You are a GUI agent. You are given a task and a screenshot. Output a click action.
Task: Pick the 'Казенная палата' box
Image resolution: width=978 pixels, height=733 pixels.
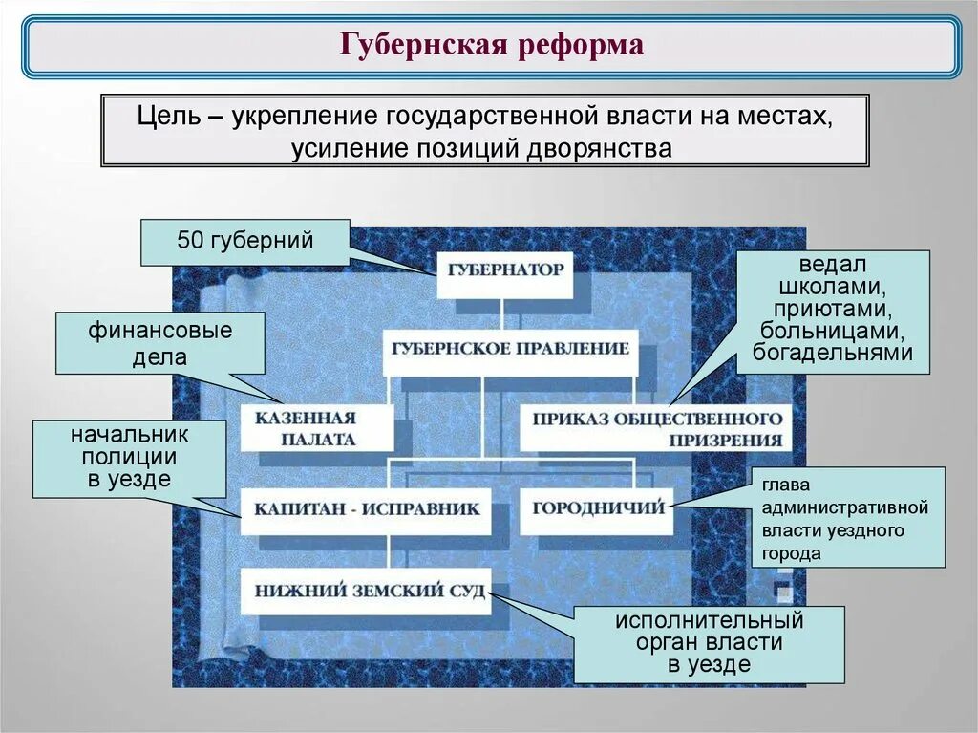click(x=317, y=428)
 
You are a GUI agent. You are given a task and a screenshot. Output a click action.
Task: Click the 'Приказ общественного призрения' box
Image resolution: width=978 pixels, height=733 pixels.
click(x=656, y=428)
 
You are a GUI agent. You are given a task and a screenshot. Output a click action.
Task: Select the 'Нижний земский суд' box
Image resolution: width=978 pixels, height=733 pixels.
click(x=364, y=590)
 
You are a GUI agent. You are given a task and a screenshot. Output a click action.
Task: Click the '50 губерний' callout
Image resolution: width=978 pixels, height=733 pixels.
click(x=245, y=242)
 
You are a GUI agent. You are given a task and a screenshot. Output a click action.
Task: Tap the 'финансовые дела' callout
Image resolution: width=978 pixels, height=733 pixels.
click(x=160, y=343)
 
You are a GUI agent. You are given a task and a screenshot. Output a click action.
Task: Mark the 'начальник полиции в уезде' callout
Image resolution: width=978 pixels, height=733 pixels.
click(x=129, y=458)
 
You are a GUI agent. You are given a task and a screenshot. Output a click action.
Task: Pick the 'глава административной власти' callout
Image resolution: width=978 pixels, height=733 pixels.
click(x=846, y=517)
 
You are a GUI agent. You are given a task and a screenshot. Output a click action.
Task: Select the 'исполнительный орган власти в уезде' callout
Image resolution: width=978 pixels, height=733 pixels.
click(x=709, y=643)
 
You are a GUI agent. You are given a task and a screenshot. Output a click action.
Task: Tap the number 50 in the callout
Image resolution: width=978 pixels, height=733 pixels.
click(x=189, y=241)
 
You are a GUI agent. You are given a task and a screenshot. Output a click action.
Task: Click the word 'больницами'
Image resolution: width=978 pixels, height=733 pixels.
click(x=833, y=331)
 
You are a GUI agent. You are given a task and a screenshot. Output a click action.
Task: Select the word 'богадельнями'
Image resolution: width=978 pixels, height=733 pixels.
click(x=833, y=353)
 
